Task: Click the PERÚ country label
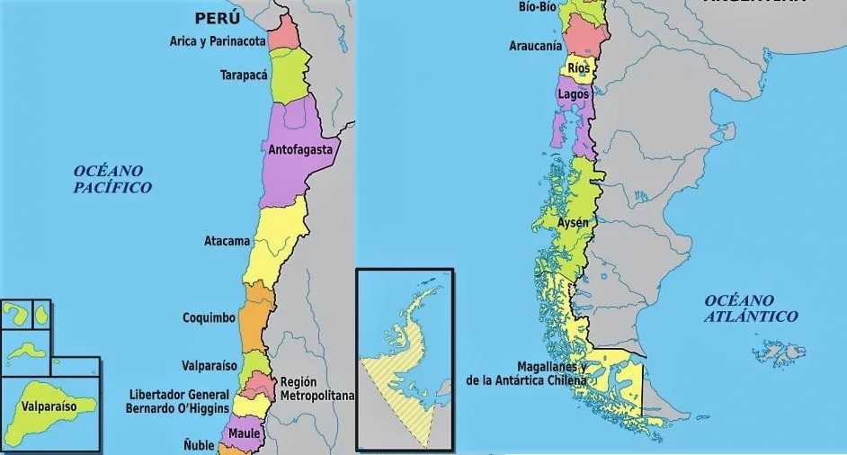[x=218, y=18]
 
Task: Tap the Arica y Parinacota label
[x=218, y=41]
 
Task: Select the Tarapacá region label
[x=244, y=76]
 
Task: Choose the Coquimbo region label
[x=209, y=317]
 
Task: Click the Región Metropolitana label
[x=317, y=388]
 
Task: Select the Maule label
[x=244, y=433]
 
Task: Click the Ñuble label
[x=199, y=444]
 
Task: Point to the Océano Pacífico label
[x=112, y=179]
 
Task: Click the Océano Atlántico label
[x=751, y=308]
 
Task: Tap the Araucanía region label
[x=535, y=45]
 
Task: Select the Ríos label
[x=578, y=68]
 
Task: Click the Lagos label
[x=573, y=94]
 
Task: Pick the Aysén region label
[x=573, y=222]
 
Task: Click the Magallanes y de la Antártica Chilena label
[x=526, y=373]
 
